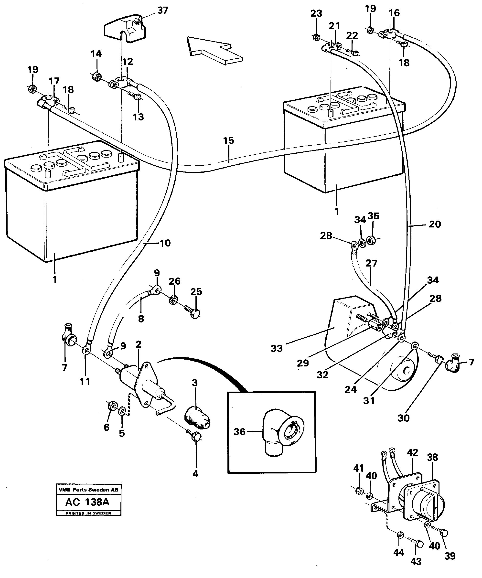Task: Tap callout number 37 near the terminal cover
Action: (x=162, y=11)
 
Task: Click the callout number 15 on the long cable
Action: (x=228, y=141)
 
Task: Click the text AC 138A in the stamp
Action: (x=87, y=502)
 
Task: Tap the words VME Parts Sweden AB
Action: (x=88, y=490)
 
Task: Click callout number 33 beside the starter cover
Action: (x=276, y=348)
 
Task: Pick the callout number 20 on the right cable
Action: (x=435, y=224)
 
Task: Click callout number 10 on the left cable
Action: (x=165, y=243)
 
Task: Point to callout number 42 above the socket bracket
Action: (x=412, y=453)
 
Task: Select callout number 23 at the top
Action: (x=316, y=13)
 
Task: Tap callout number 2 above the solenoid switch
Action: (x=138, y=344)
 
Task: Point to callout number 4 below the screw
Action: (x=195, y=474)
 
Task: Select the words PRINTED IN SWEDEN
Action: (x=88, y=513)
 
